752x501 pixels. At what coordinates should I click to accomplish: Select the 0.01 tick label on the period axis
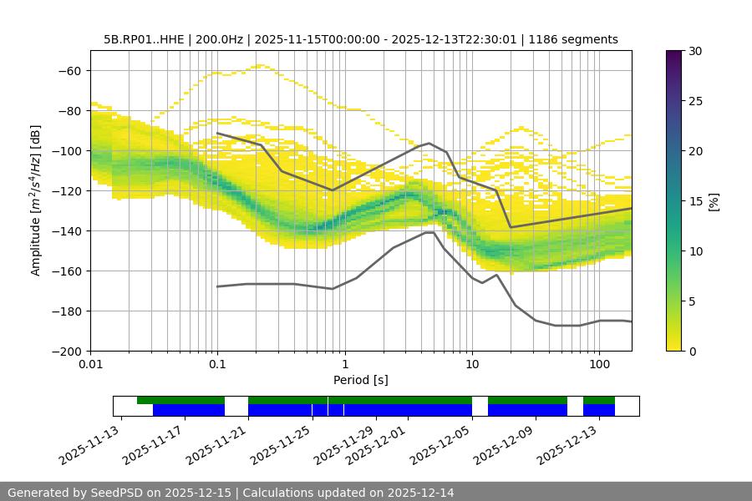pyautogui.click(x=90, y=365)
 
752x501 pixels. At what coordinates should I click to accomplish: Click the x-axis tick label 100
pyautogui.click(x=598, y=365)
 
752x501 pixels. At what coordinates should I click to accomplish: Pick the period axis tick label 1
pyautogui.click(x=344, y=365)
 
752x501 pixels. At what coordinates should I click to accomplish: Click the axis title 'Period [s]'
pyautogui.click(x=360, y=380)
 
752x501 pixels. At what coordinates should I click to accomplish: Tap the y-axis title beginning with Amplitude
pyautogui.click(x=36, y=200)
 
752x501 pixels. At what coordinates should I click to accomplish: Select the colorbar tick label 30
pyautogui.click(x=694, y=51)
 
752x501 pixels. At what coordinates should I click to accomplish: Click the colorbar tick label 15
pyautogui.click(x=694, y=201)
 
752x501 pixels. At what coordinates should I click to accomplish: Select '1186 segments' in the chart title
pyautogui.click(x=575, y=39)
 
